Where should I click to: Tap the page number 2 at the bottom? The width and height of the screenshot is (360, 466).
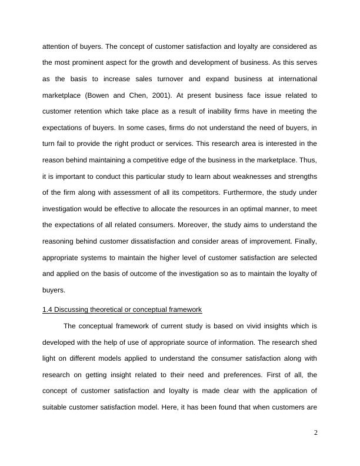(x=315, y=433)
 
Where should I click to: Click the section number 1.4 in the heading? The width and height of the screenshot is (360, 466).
(x=48, y=309)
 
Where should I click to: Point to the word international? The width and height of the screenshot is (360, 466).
(x=292, y=78)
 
